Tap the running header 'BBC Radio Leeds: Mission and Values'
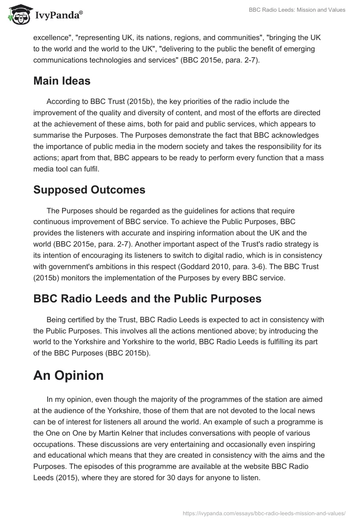(297, 10)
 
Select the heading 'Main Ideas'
(62, 81)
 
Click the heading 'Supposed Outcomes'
(89, 190)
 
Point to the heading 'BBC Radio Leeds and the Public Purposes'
(147, 299)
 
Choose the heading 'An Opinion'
(68, 375)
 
